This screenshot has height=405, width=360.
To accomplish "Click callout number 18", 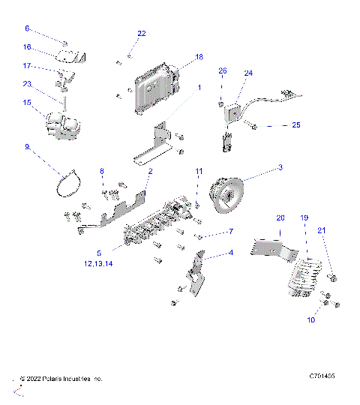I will (x=199, y=57).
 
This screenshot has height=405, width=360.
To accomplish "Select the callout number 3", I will (x=280, y=167).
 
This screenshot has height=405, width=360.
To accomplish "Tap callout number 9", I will (x=27, y=147).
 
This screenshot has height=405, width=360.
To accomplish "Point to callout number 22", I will (x=142, y=34).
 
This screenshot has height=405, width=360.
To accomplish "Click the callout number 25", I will (x=295, y=124).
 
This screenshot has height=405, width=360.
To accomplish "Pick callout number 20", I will (x=280, y=217).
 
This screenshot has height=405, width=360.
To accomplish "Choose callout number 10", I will (x=312, y=319).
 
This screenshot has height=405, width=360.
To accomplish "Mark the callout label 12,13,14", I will (x=100, y=263).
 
